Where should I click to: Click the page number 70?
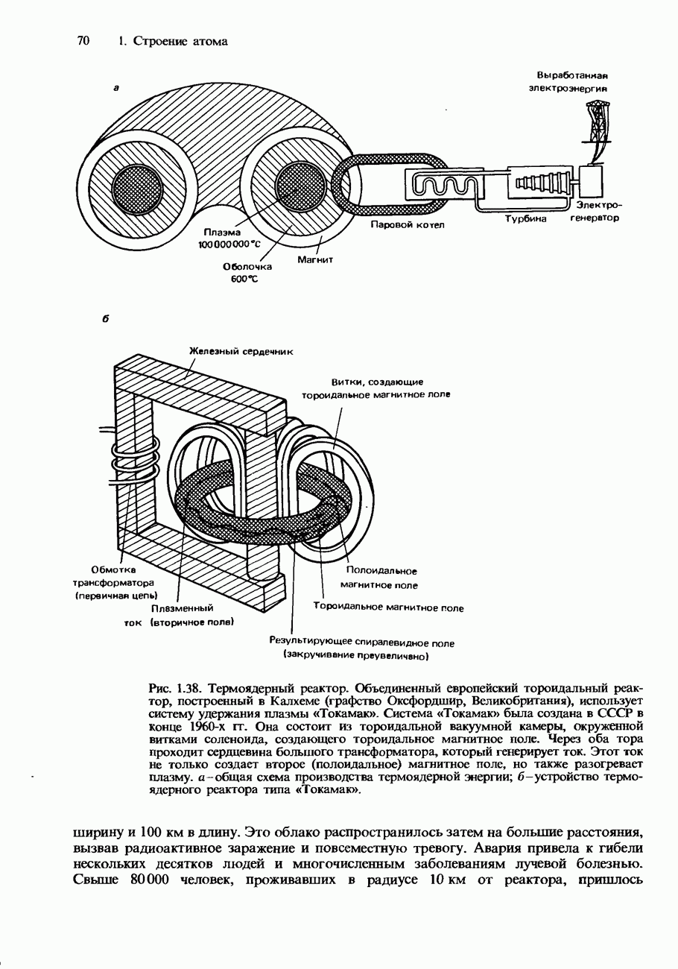click(83, 41)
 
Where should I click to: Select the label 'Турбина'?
click(525, 219)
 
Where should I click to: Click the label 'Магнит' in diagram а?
click(314, 260)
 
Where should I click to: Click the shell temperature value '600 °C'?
click(244, 279)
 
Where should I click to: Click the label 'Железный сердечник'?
click(241, 350)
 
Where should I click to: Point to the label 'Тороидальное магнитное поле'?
click(388, 608)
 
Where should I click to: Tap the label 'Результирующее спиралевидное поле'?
click(361, 643)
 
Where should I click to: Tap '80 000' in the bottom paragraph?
click(151, 880)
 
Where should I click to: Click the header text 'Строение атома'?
click(181, 42)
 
